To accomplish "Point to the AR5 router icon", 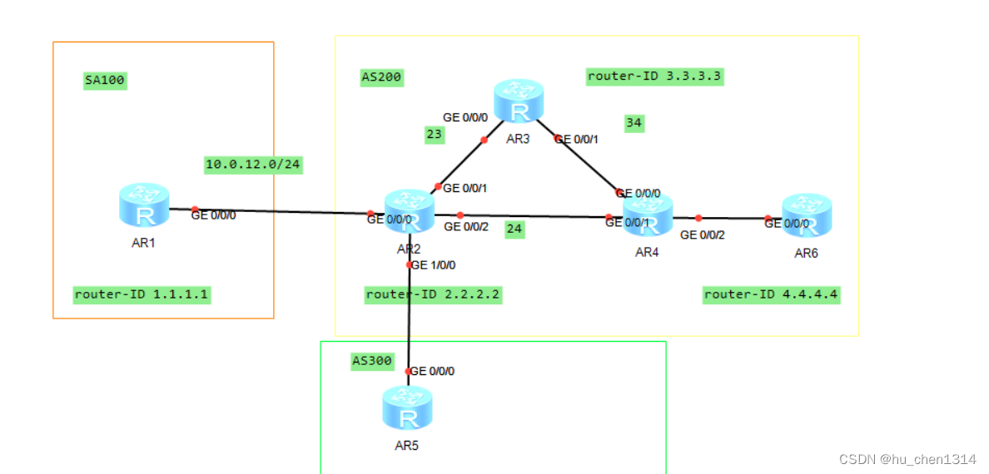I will click(x=407, y=408).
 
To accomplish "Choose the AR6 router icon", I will click(x=806, y=215).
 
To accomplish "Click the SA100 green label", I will click(x=105, y=81).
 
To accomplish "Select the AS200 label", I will click(x=381, y=77).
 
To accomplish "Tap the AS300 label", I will click(x=371, y=361).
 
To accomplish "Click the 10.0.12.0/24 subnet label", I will click(x=253, y=165).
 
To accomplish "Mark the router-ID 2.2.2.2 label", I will click(x=433, y=294).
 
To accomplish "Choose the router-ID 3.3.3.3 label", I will click(x=654, y=77).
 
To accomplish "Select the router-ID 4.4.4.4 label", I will click(x=771, y=294).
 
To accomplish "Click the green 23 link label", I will click(x=434, y=135).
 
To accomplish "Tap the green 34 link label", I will click(x=634, y=123).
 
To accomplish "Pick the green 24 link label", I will click(x=514, y=230).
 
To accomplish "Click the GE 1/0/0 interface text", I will click(x=433, y=265).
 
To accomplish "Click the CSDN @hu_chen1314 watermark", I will click(x=907, y=459).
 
